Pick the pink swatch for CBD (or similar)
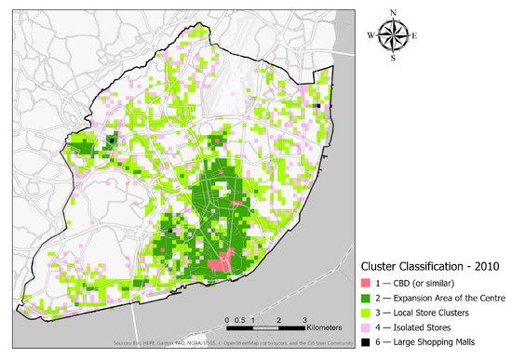(x=371, y=282)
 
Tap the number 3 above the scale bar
(x=305, y=319)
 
